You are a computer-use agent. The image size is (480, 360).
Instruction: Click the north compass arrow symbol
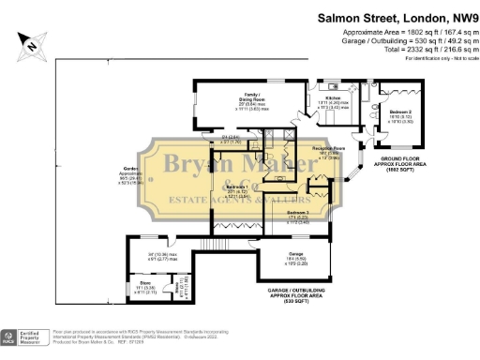(x=33, y=41)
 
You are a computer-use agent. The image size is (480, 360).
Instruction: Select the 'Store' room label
(x=144, y=285)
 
